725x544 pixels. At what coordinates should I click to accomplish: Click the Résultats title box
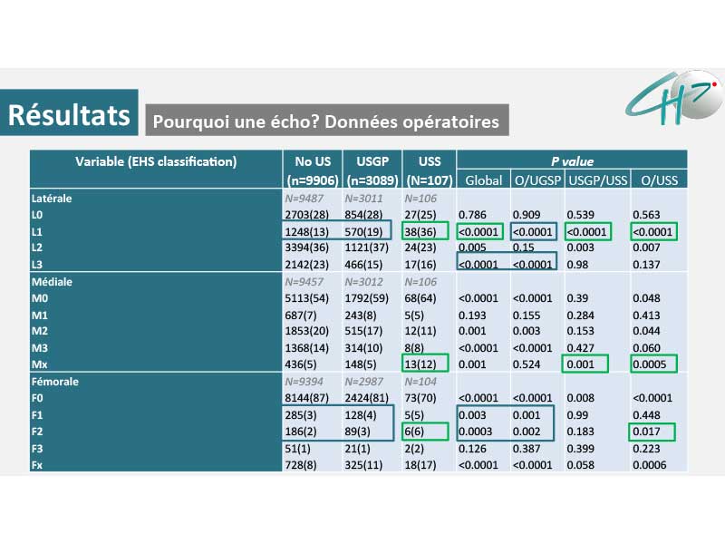[x=70, y=113]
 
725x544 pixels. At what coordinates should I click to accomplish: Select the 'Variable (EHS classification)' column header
[x=156, y=161]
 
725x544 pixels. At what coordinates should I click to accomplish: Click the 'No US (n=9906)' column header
[x=309, y=170]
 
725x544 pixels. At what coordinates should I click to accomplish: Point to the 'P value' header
[x=572, y=161]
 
